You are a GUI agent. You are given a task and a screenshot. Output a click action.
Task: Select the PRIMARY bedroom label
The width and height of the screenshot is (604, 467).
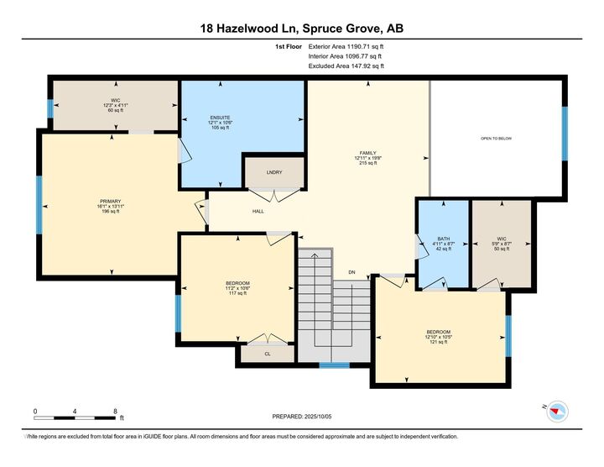point(111,202)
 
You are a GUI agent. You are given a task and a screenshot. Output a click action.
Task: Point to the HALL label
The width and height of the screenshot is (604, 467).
point(258,211)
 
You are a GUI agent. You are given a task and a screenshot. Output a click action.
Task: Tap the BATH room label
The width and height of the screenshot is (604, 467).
point(444,239)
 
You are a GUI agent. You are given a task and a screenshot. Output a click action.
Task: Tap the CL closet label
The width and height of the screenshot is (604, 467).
point(267,354)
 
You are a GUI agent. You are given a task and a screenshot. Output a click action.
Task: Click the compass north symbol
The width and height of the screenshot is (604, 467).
point(558,411)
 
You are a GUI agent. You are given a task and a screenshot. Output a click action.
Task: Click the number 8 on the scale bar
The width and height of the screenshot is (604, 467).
point(115,412)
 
